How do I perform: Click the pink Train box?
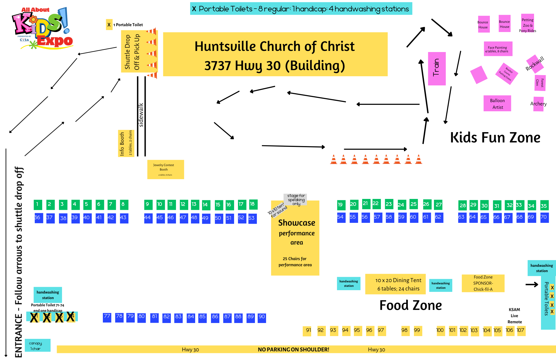click(437, 68)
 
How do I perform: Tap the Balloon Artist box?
click(497, 103)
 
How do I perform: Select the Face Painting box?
click(498, 49)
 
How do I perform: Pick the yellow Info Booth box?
click(126, 143)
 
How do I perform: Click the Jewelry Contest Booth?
click(165, 169)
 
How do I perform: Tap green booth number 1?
click(38, 204)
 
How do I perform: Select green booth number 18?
click(253, 204)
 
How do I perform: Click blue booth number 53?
click(252, 218)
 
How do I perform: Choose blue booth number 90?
click(262, 317)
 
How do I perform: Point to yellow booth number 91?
click(307, 331)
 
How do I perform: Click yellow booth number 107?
click(521, 331)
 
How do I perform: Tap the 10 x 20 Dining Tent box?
click(398, 284)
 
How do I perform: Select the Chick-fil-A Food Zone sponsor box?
click(483, 283)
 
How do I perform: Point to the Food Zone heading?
click(411, 305)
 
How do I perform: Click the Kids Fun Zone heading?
click(495, 138)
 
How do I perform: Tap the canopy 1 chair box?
click(38, 345)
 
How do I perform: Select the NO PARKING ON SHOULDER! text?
click(293, 350)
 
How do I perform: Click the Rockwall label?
click(535, 64)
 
